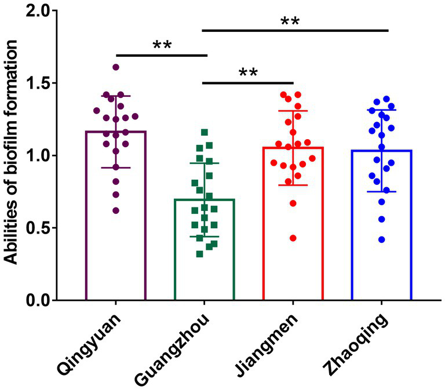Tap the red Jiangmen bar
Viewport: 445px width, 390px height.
(293, 243)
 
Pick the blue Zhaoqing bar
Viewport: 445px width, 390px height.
(381, 243)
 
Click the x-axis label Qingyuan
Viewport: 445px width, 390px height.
(90, 342)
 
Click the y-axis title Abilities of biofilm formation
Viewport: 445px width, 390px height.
(13, 155)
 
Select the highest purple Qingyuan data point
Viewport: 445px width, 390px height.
(116, 67)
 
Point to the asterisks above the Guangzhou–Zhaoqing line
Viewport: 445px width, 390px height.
(290, 22)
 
